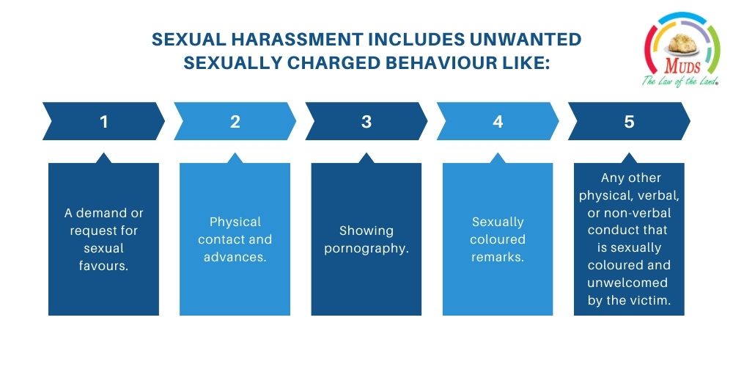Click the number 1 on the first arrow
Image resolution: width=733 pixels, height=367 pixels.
(104, 122)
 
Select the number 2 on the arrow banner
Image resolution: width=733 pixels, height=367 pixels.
(235, 122)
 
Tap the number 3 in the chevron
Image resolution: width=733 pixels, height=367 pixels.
(366, 122)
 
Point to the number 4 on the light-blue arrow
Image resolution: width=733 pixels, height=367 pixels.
(498, 122)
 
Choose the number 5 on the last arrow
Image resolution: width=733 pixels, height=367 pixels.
(629, 122)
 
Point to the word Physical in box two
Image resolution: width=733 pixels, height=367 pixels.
(235, 222)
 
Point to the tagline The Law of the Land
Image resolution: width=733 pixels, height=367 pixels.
(680, 81)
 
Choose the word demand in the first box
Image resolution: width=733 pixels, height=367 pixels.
(101, 213)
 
